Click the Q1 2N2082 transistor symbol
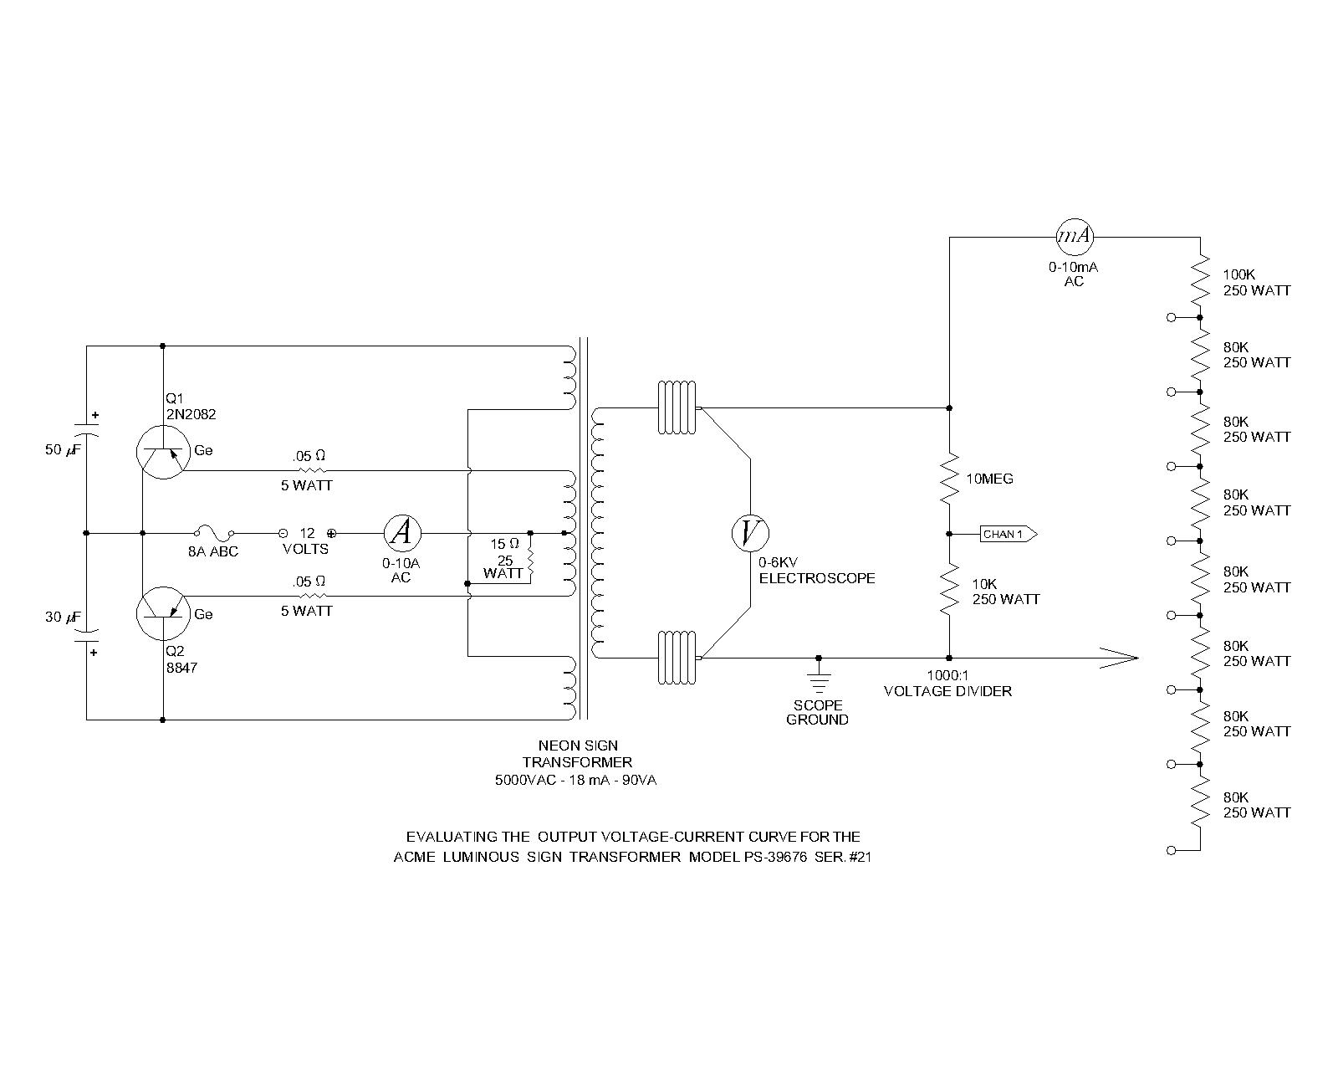[x=163, y=453]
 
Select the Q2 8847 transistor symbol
[x=163, y=613]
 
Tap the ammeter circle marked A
[x=402, y=533]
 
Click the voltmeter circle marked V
[x=750, y=533]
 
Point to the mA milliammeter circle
[x=1075, y=237]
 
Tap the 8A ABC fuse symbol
[x=214, y=532]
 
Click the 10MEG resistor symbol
[x=949, y=479]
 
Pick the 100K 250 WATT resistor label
[x=1257, y=283]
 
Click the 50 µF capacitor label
[x=64, y=449]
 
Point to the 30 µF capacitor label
[x=64, y=617]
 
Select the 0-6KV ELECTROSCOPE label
[x=816, y=571]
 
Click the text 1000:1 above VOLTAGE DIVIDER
[x=947, y=675]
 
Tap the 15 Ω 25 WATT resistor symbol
[x=530, y=558]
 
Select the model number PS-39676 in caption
[x=774, y=857]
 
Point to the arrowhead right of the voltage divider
[x=1119, y=658]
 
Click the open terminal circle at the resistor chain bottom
[x=1172, y=850]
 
